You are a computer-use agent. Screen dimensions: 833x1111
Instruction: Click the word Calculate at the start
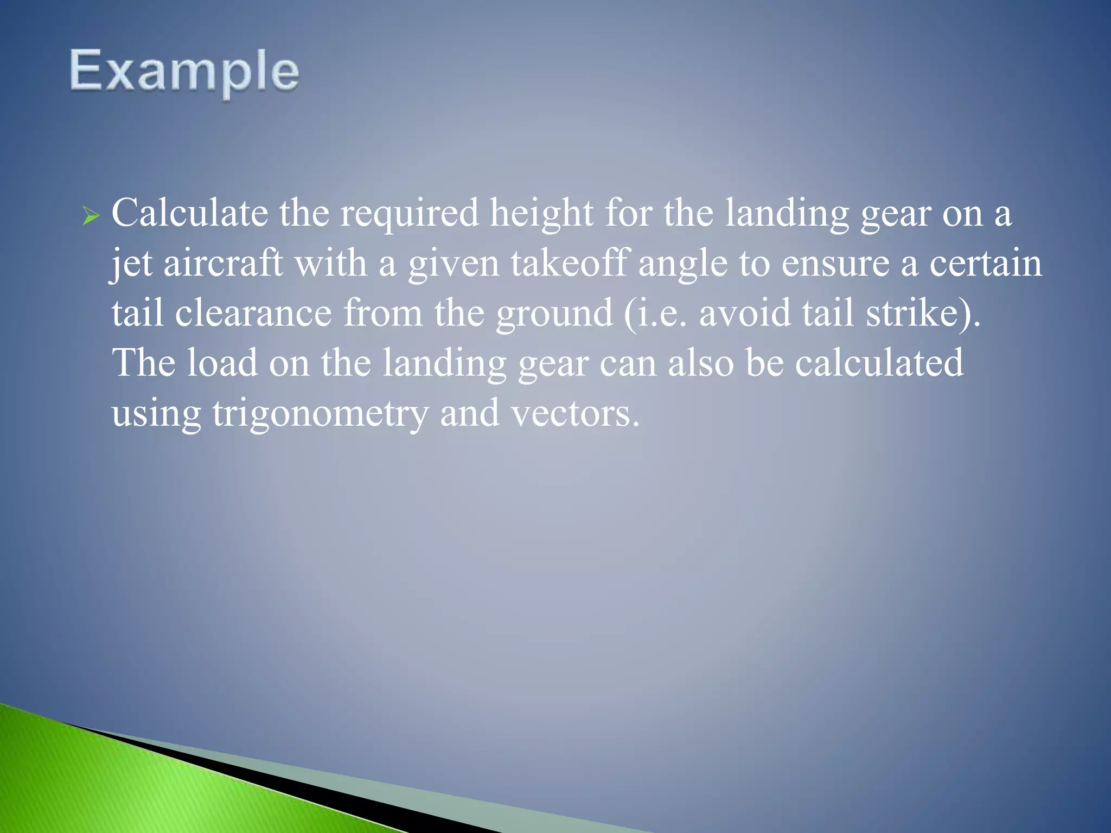tap(189, 213)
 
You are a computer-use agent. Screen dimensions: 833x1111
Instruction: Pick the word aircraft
tap(223, 264)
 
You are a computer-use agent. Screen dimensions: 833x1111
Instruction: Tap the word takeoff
tap(570, 264)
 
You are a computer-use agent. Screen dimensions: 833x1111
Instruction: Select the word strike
tap(911, 313)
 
